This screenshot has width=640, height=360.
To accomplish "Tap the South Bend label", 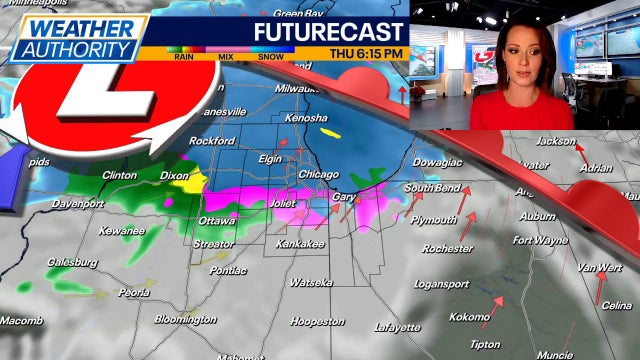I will (x=432, y=188).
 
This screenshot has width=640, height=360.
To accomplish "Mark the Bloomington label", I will (x=185, y=320).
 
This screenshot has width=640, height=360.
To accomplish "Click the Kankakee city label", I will (x=301, y=243).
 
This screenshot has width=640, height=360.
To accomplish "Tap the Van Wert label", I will (x=599, y=268).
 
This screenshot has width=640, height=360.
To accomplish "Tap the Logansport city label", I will (x=443, y=283).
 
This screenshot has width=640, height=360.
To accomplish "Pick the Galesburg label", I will (x=72, y=263).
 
